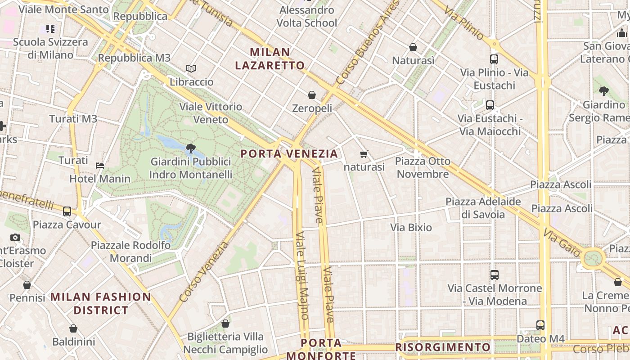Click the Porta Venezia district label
pyautogui.click(x=289, y=154)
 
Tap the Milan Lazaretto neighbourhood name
pyautogui.click(x=270, y=59)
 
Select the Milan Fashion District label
pyautogui.click(x=101, y=303)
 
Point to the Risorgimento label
pyautogui.click(x=443, y=347)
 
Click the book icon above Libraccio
pyautogui.click(x=191, y=69)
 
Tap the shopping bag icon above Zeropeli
pyautogui.click(x=311, y=95)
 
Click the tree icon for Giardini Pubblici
pyautogui.click(x=190, y=148)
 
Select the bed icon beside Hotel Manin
pyautogui.click(x=100, y=166)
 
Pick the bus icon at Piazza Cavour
pyautogui.click(x=67, y=211)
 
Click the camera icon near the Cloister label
pyautogui.click(x=15, y=237)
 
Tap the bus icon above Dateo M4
pyautogui.click(x=540, y=325)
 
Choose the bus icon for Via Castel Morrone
pyautogui.click(x=494, y=274)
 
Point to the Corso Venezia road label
pyautogui.click(x=204, y=272)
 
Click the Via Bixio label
pyautogui.click(x=411, y=228)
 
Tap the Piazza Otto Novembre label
pyautogui.click(x=423, y=167)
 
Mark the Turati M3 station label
pyautogui.click(x=73, y=119)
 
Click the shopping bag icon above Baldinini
pyautogui.click(x=73, y=329)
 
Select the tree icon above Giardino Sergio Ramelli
pyautogui.click(x=603, y=91)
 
